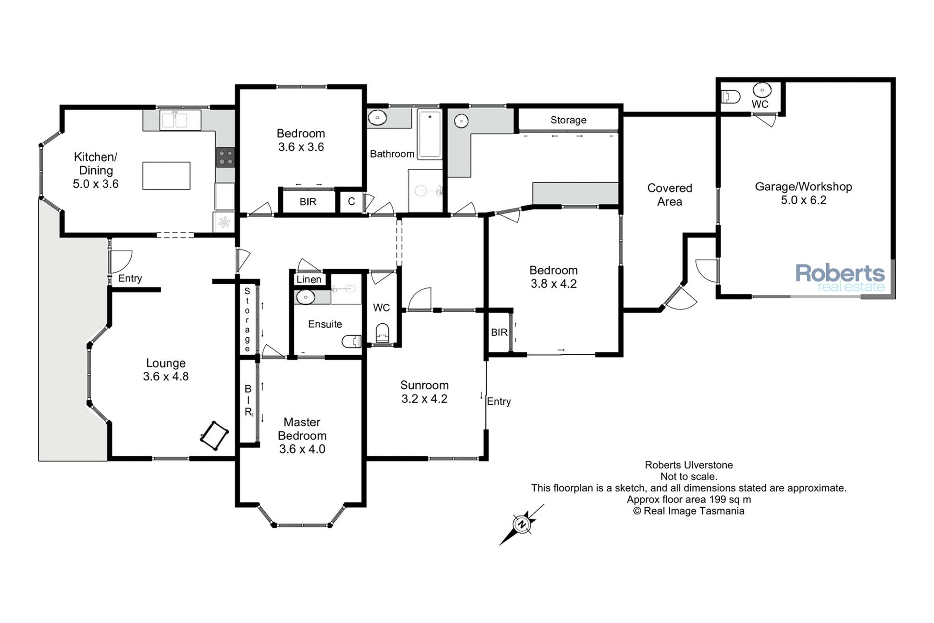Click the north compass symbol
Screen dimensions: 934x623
pyautogui.click(x=522, y=524)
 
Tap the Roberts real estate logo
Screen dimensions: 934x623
pyautogui.click(x=840, y=278)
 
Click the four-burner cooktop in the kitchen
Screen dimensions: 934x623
pyautogui.click(x=226, y=157)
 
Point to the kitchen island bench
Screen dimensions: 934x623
pyautogui.click(x=166, y=176)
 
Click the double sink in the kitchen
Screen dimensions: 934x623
pyautogui.click(x=180, y=120)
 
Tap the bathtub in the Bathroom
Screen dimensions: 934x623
pyautogui.click(x=429, y=135)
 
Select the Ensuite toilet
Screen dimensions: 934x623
pyautogui.click(x=352, y=342)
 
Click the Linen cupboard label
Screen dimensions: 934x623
pyautogui.click(x=309, y=279)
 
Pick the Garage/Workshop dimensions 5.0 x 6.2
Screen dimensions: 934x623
pyautogui.click(x=804, y=200)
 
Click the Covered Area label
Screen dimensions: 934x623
pyautogui.click(x=670, y=194)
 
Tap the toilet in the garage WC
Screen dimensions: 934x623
pyautogui.click(x=731, y=97)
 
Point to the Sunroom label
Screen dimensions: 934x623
pyautogui.click(x=425, y=385)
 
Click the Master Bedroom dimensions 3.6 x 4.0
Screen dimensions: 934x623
pyautogui.click(x=302, y=449)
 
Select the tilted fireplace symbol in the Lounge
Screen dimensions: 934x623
pyautogui.click(x=214, y=436)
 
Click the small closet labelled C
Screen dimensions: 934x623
pyautogui.click(x=351, y=201)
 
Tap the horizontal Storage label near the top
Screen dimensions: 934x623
pyautogui.click(x=568, y=120)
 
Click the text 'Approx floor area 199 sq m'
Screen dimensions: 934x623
pyautogui.click(x=689, y=499)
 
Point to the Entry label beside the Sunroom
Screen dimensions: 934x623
pyautogui.click(x=499, y=401)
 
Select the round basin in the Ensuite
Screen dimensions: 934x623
pyautogui.click(x=305, y=297)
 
